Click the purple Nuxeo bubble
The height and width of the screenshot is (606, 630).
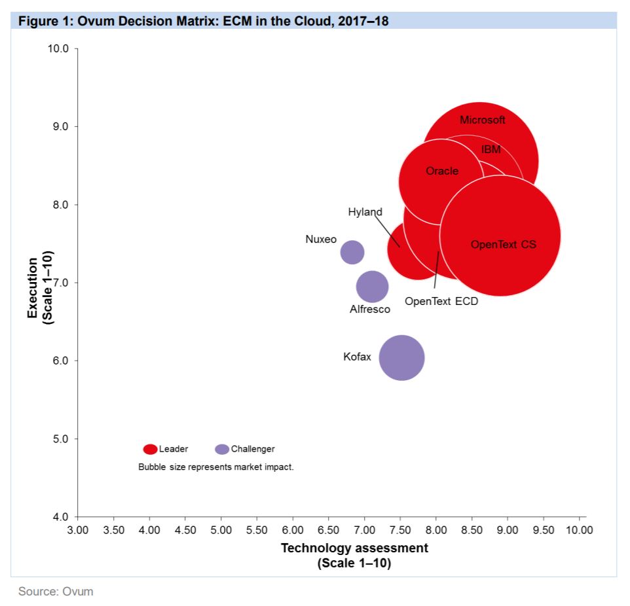click(x=352, y=252)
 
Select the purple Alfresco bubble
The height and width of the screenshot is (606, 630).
click(x=372, y=287)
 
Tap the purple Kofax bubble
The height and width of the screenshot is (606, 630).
click(x=402, y=357)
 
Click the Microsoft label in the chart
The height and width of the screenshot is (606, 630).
click(x=483, y=120)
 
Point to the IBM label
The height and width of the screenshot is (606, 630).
click(x=491, y=149)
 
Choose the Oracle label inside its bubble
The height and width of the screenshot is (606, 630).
click(x=442, y=171)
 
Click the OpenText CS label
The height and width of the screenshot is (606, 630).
click(x=503, y=244)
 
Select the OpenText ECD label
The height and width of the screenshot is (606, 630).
click(x=441, y=302)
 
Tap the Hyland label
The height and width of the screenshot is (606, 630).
click(x=365, y=212)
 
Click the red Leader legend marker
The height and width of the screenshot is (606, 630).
click(x=150, y=449)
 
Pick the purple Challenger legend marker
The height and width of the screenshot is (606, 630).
click(x=223, y=449)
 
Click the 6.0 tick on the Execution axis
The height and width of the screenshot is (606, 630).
click(x=61, y=361)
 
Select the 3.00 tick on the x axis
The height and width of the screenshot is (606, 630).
click(x=78, y=529)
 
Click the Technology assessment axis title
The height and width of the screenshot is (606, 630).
click(x=354, y=548)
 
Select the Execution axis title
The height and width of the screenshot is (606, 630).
click(x=39, y=288)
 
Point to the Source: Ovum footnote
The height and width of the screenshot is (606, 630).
click(x=56, y=592)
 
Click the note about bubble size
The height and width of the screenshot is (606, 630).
click(x=216, y=467)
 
